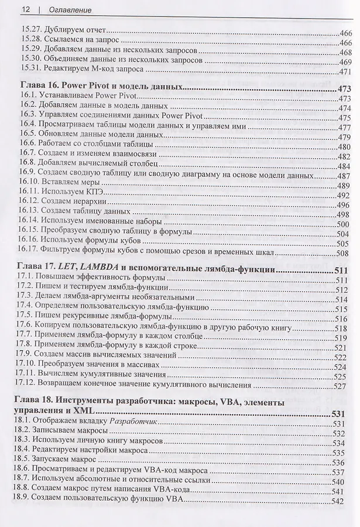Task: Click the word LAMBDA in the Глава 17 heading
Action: click(x=97, y=271)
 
